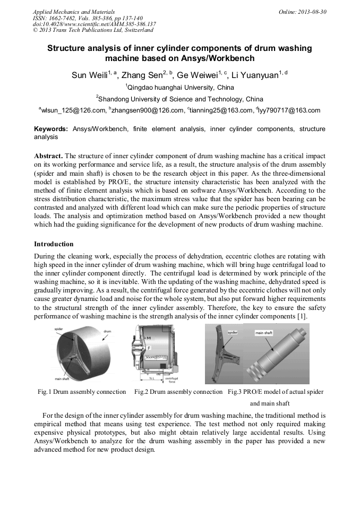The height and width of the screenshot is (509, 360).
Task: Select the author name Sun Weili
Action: pos(89,75)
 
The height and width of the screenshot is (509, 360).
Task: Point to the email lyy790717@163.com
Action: pos(290,110)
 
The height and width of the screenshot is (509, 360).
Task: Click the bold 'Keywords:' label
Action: pos(51,129)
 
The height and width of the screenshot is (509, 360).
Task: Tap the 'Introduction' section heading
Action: pos(54,244)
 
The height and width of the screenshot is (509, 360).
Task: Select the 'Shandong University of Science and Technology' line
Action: pos(181,99)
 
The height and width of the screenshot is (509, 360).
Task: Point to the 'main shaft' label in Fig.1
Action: pos(63,378)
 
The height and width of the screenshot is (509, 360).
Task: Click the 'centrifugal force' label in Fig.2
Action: pos(172,379)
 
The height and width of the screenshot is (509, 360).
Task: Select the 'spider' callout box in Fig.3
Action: pos(233,332)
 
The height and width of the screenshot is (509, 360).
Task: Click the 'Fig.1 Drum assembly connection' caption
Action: pos(82,392)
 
